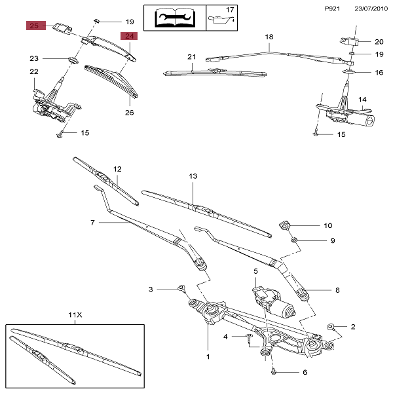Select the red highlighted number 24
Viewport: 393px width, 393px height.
(x=128, y=37)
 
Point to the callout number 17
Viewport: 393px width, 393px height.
(x=229, y=10)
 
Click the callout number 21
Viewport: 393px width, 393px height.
(x=192, y=57)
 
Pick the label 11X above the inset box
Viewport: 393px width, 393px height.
(x=75, y=314)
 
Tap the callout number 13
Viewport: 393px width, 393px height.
(x=193, y=177)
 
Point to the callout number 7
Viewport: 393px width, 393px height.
(x=93, y=223)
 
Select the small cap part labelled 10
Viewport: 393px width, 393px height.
(x=285, y=226)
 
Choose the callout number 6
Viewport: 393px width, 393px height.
(x=305, y=373)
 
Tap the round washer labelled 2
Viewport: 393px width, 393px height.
(x=332, y=326)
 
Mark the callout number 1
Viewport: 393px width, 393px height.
(x=208, y=358)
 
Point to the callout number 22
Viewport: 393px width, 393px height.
(x=34, y=71)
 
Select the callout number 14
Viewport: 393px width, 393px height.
(x=362, y=100)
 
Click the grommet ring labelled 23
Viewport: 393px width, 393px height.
(x=71, y=60)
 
